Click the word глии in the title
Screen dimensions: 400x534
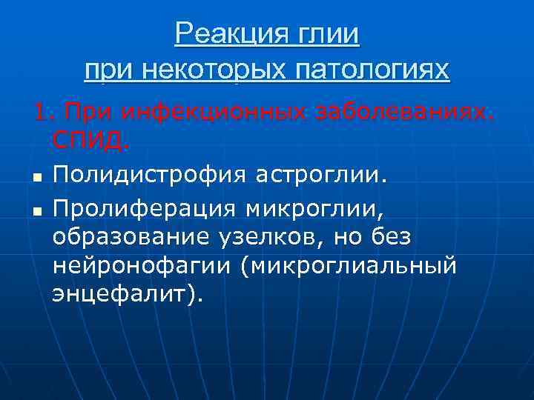(326, 34)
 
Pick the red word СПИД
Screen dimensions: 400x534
(90, 139)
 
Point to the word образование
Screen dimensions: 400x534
(124, 237)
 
